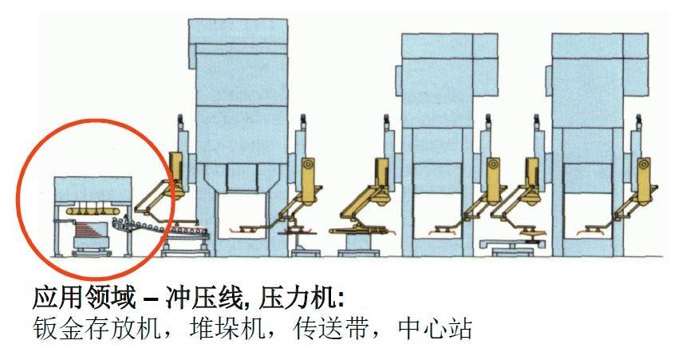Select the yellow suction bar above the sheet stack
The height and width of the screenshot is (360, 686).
click(93, 211)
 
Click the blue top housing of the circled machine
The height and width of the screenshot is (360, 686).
click(92, 188)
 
